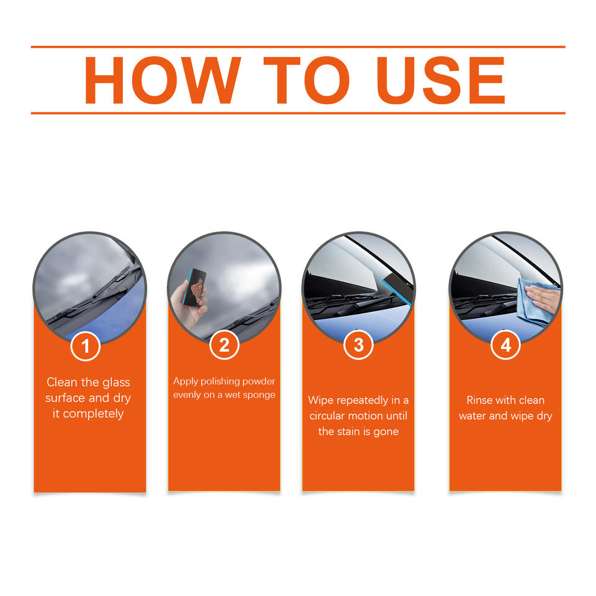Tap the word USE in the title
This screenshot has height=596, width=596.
click(x=441, y=80)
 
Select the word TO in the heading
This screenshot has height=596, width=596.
click(x=306, y=80)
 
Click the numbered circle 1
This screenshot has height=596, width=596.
click(x=86, y=346)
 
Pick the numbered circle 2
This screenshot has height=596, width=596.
click(x=224, y=345)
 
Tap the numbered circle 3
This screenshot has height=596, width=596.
click(x=358, y=345)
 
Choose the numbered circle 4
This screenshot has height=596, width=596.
click(x=505, y=345)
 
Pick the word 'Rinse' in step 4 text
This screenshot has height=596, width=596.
click(x=479, y=400)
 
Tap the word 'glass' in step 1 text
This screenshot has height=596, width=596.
click(x=116, y=382)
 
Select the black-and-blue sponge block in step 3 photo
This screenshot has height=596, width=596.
click(x=397, y=290)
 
